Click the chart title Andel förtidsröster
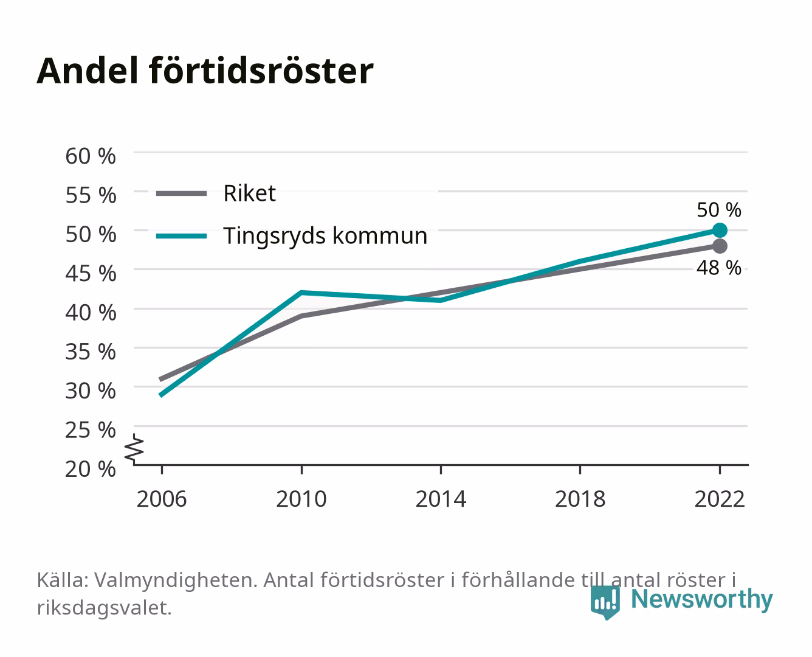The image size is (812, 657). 205,71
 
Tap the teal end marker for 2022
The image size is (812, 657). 720,230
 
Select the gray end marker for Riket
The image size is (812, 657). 720,246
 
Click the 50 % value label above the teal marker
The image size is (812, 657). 719,210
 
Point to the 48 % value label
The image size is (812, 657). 719,268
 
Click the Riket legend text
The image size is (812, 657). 249,193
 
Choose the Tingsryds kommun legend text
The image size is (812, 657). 325,236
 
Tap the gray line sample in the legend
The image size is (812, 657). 182,193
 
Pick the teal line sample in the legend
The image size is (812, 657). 182,236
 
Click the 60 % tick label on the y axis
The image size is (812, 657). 91,156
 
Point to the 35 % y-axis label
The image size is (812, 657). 91,352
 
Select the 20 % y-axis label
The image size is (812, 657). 91,469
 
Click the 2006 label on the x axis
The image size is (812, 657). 162,499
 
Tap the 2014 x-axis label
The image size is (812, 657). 441,499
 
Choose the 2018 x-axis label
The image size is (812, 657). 580,499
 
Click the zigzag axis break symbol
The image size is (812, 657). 134,449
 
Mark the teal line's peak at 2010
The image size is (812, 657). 301,293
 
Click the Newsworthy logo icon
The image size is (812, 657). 605,602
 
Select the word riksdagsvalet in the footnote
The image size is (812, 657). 104,608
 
